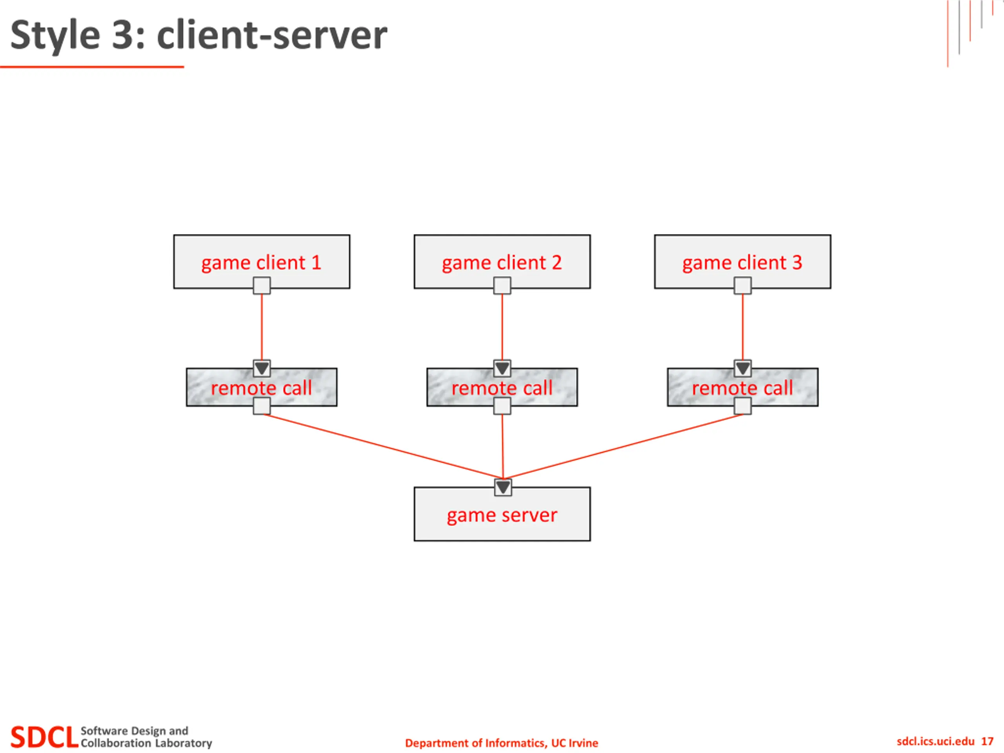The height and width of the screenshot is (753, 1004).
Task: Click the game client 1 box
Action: (x=262, y=262)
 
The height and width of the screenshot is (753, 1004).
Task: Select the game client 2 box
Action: (x=502, y=262)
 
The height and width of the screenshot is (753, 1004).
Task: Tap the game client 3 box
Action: (x=742, y=262)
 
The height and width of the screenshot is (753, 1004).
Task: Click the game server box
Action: (x=502, y=514)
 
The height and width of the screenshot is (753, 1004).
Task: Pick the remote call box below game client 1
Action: (x=262, y=387)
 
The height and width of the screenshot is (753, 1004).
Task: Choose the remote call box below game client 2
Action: (x=502, y=387)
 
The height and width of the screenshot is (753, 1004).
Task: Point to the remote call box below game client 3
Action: (x=742, y=387)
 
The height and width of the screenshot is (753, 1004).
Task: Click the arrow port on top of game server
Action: (x=503, y=487)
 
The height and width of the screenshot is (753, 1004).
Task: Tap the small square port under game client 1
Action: (x=262, y=286)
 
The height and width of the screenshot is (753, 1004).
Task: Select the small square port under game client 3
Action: (x=742, y=286)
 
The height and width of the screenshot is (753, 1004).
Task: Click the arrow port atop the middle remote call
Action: (x=502, y=368)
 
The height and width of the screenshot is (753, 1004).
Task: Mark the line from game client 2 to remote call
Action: (x=502, y=327)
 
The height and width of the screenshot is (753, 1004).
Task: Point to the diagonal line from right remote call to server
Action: (x=623, y=447)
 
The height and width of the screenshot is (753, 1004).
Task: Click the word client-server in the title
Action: (x=272, y=35)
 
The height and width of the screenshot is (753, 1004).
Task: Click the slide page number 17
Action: (x=987, y=741)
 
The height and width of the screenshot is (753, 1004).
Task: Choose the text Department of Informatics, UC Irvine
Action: (x=502, y=743)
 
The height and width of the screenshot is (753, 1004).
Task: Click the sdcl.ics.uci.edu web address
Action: (x=935, y=741)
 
